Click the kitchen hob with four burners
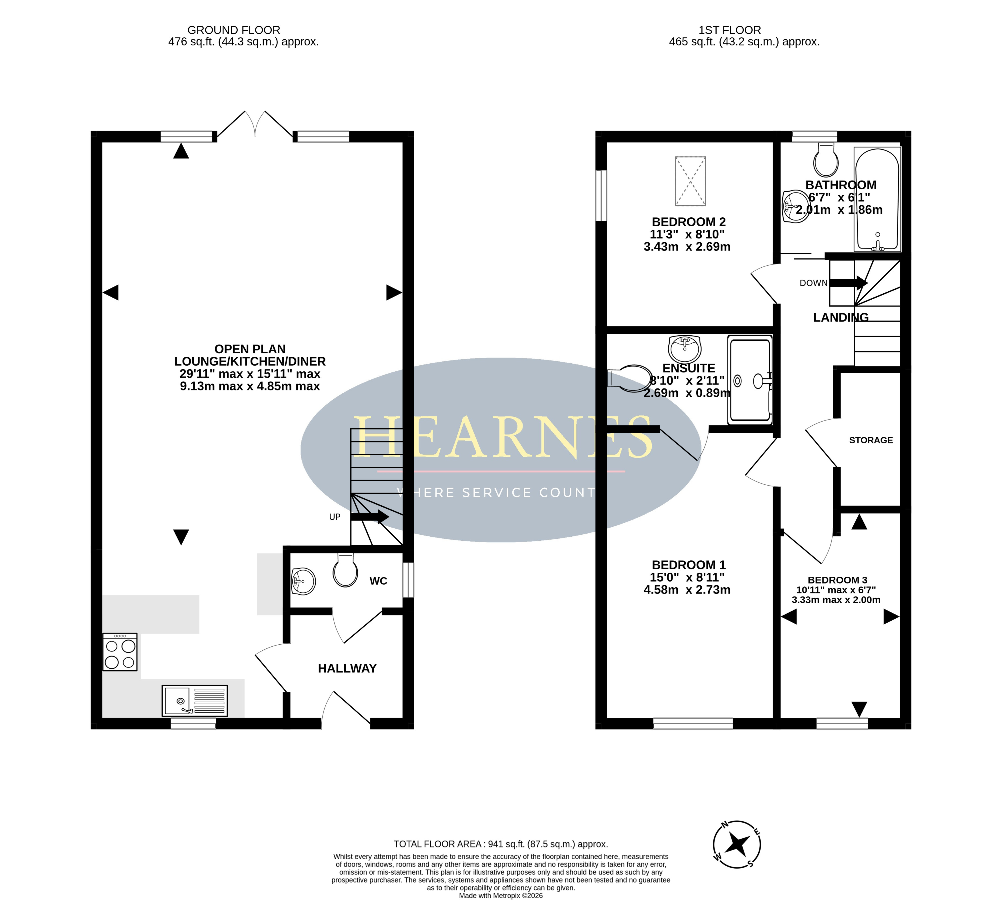pyautogui.click(x=120, y=652)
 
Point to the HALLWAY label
pyautogui.click(x=347, y=669)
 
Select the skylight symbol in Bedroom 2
pyautogui.click(x=690, y=181)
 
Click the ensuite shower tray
pyautogui.click(x=750, y=380)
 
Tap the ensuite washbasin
pyautogui.click(x=685, y=349)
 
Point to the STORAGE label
pyautogui.click(x=871, y=440)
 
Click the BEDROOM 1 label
pyautogui.click(x=689, y=565)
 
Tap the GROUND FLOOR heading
pyautogui.click(x=234, y=30)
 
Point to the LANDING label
pyautogui.click(x=841, y=318)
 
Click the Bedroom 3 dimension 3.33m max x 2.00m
pyautogui.click(x=836, y=600)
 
